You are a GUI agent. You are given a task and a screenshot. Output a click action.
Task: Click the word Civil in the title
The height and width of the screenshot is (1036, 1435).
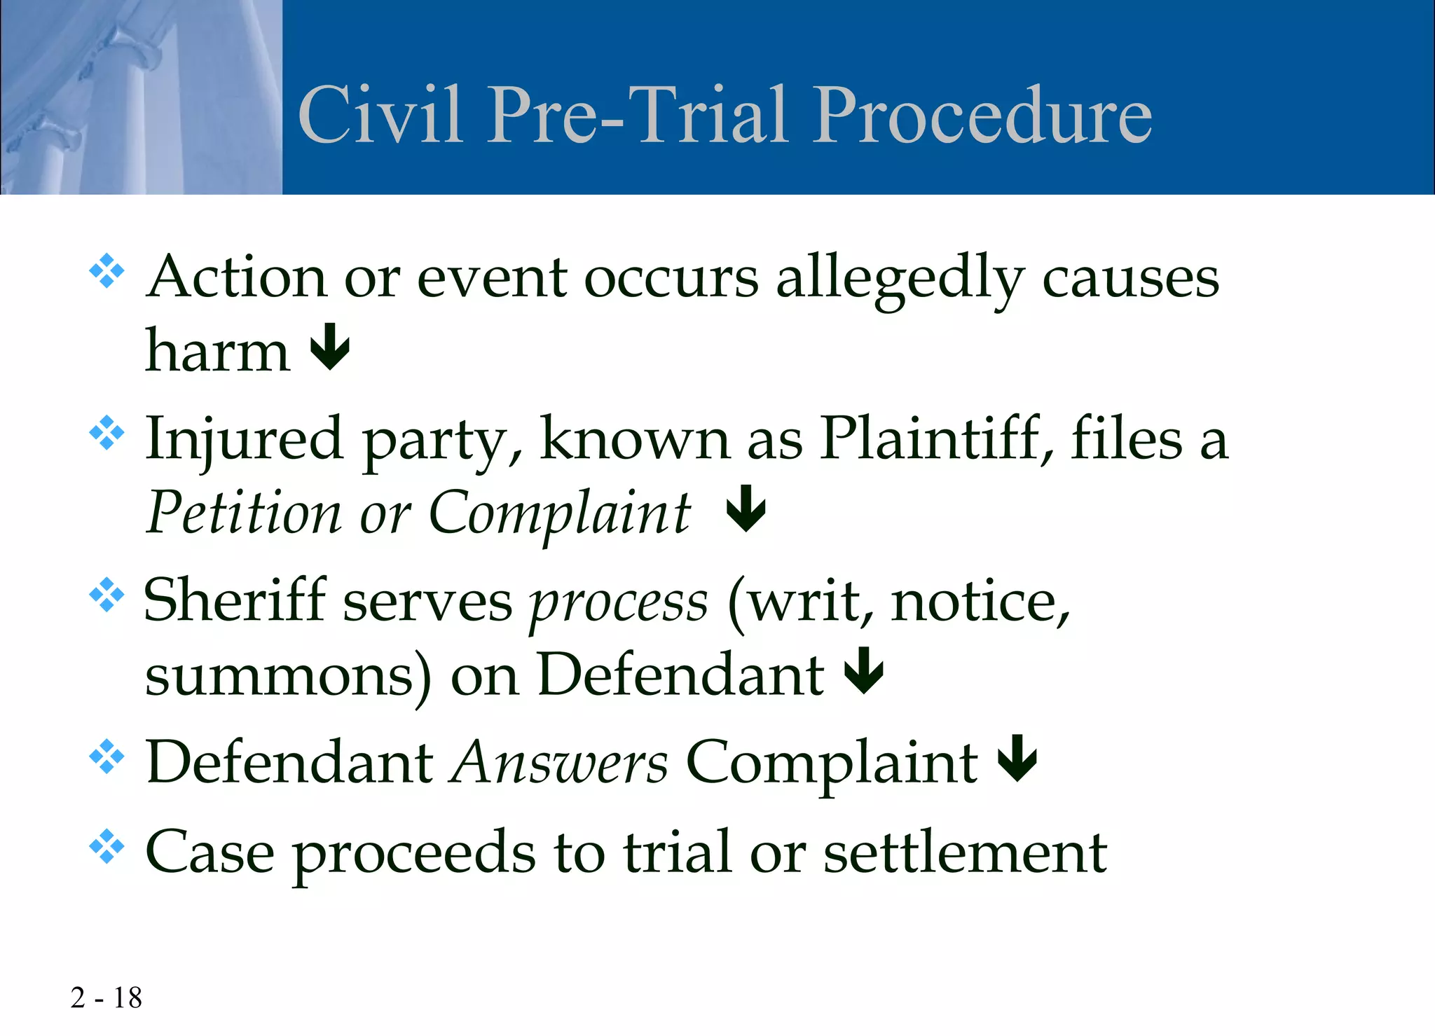tap(380, 115)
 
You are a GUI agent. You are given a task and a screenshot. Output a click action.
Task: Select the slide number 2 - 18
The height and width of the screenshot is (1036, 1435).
tap(106, 997)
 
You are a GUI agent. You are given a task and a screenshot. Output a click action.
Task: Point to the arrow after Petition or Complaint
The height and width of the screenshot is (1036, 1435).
tap(746, 509)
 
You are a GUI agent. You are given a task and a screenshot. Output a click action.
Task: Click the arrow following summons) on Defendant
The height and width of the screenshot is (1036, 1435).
tap(864, 670)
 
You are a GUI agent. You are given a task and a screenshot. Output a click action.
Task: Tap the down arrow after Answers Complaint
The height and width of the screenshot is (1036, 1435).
tap(1017, 759)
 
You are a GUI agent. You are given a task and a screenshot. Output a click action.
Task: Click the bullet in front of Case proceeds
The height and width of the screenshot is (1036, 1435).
tap(107, 847)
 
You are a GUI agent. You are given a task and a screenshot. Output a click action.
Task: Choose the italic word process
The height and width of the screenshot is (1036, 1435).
tap(618, 604)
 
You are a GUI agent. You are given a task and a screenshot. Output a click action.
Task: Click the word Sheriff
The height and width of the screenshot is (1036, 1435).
tap(235, 600)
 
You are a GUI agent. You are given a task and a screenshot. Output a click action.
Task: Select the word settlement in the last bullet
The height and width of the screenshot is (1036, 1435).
tap(965, 852)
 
